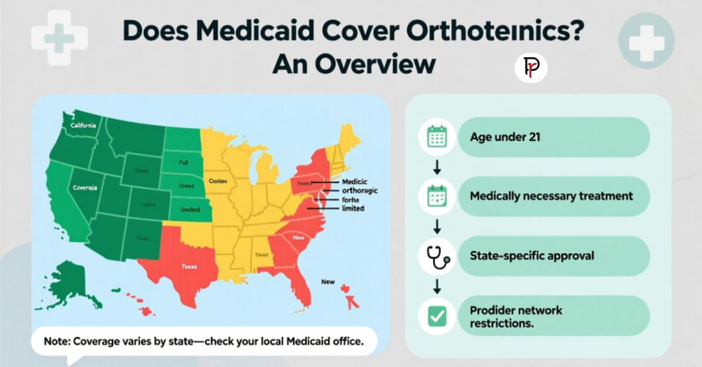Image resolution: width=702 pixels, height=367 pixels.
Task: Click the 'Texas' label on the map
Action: [x=189, y=266]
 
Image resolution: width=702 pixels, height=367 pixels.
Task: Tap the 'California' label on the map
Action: [x=84, y=125]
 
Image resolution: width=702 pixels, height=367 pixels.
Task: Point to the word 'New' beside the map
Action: [x=328, y=282]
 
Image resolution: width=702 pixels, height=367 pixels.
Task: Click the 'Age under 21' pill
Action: [x=553, y=137]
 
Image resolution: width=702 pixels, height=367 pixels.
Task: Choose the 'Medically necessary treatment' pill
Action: [x=553, y=196]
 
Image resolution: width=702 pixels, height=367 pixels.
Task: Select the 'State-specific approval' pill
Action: [x=553, y=256]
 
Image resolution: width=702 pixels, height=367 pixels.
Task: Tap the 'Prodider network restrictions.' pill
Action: [x=553, y=316]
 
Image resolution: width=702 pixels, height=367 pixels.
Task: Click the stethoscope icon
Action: [x=437, y=256]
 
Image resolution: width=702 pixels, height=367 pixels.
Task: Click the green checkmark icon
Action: [x=437, y=316]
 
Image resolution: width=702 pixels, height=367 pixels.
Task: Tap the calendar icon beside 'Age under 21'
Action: [x=437, y=137]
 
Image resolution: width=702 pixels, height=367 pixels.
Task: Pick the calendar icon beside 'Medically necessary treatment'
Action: [x=437, y=196]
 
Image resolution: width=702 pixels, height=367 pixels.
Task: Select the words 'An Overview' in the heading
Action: [x=353, y=64]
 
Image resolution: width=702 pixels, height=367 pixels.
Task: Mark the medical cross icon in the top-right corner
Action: [x=646, y=41]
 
